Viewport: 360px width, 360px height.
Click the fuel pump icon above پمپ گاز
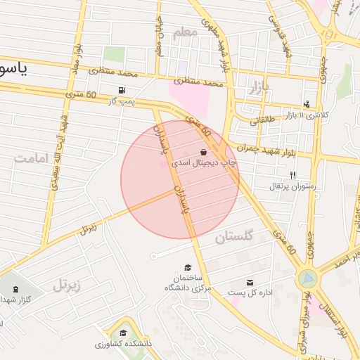[x=124, y=91]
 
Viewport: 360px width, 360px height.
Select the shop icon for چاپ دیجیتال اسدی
[x=203, y=151]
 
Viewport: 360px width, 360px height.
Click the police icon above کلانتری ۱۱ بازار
[x=307, y=103]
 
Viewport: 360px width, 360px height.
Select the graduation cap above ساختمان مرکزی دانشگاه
[x=188, y=267]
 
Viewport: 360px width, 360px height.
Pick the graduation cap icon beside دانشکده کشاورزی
[x=123, y=333]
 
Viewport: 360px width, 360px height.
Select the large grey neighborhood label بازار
[x=259, y=88]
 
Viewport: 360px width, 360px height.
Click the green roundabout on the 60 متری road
[x=307, y=278]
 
